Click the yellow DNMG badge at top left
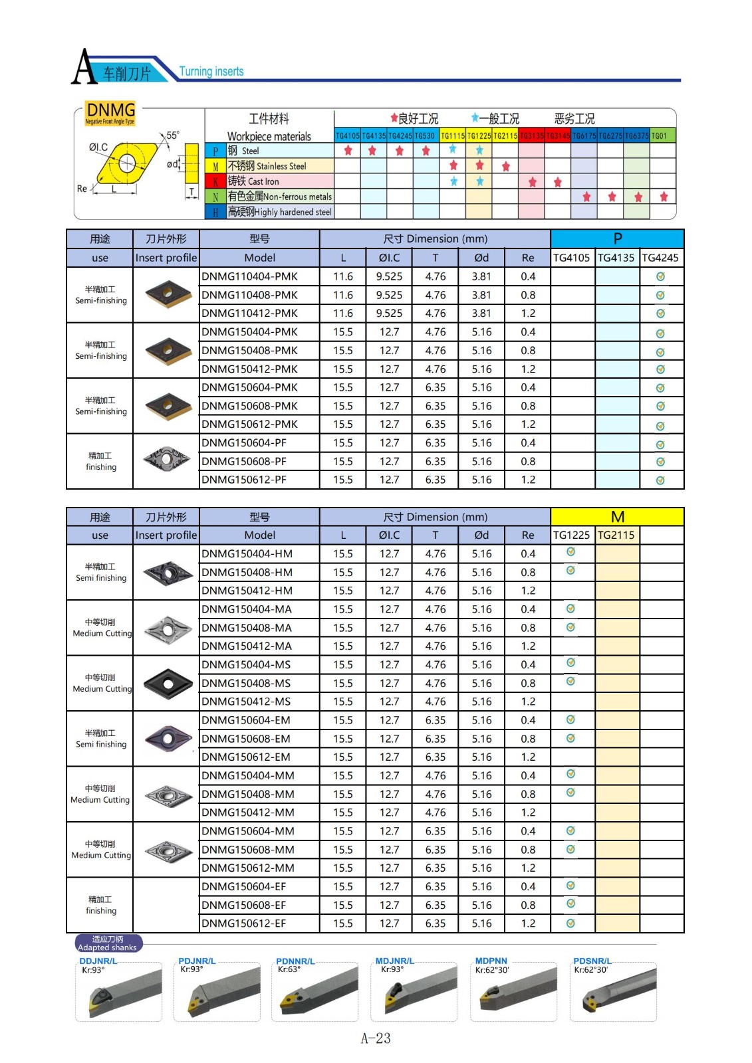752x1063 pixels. coord(110,112)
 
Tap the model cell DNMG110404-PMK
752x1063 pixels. coord(250,276)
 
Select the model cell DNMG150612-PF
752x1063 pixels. coord(244,480)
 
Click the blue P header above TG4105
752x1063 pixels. coord(617,239)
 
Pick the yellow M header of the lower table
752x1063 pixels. coord(617,517)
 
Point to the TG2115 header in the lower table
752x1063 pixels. coord(616,535)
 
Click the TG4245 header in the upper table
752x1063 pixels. coord(660,258)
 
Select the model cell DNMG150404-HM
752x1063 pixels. coord(247,554)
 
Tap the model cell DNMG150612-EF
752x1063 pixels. coord(244,923)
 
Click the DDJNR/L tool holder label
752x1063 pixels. coord(98,961)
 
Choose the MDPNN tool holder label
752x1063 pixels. coord(491,961)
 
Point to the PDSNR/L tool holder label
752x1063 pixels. coord(592,961)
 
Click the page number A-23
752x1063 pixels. coord(376,1038)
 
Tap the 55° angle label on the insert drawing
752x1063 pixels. coord(173,136)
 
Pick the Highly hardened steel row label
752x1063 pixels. coord(279,212)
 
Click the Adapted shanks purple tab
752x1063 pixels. coord(108,943)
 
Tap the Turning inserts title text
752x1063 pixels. coord(211,72)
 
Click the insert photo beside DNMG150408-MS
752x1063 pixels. coord(167,684)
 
